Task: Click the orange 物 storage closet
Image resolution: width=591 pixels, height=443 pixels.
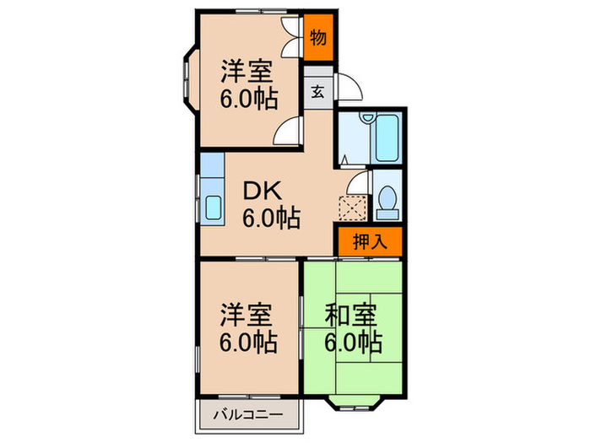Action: click(x=318, y=38)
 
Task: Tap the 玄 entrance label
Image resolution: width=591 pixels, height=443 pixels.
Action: click(x=317, y=91)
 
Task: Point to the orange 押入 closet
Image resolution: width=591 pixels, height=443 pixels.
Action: click(x=369, y=242)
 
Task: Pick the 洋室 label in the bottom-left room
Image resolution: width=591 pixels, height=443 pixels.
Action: click(x=247, y=316)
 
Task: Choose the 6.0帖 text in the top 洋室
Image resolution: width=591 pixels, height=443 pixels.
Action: click(x=249, y=100)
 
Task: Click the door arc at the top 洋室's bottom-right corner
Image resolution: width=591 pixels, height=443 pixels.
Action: click(x=290, y=130)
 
